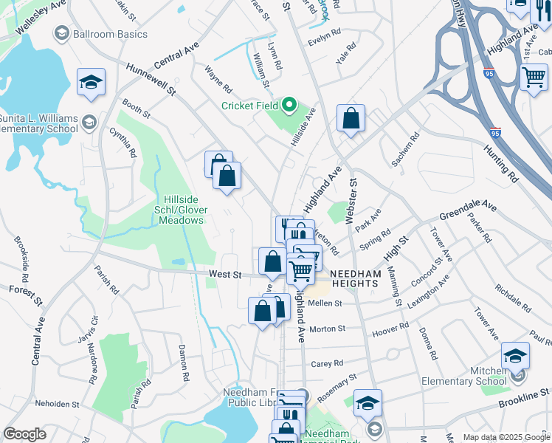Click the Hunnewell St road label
(x=151, y=78)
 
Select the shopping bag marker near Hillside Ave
(x=351, y=118)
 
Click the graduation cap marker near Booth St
(x=91, y=83)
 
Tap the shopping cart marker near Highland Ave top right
(x=533, y=77)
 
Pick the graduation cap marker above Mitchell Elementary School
(x=515, y=357)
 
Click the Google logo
(x=24, y=434)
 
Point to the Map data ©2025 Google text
(x=506, y=437)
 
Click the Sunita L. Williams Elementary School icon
(x=89, y=122)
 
